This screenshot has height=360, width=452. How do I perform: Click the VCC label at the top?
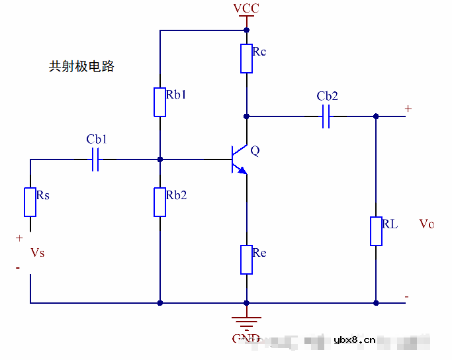coord(246,9)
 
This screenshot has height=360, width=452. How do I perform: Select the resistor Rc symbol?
coord(246,58)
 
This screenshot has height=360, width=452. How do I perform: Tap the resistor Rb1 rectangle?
coord(160,102)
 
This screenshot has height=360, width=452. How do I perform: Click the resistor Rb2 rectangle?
coord(160,202)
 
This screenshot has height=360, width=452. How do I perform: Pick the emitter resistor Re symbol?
coord(246,259)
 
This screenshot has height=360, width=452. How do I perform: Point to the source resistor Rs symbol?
coord(30,202)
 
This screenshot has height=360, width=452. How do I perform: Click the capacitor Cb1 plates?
coord(95,159)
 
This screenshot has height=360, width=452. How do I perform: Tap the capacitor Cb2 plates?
coord(326,117)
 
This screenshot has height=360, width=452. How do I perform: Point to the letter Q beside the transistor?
coord(255,151)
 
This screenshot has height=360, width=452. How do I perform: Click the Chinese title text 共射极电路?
coord(81,67)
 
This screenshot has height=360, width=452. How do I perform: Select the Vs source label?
coord(38,253)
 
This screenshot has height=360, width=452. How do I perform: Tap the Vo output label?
coord(426,224)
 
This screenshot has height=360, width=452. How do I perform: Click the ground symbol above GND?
coord(246,323)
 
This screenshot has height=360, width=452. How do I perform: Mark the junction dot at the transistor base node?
coord(160,159)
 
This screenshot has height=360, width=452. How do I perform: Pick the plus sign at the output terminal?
coord(408,109)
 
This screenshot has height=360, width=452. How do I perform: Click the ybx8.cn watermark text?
coord(355,341)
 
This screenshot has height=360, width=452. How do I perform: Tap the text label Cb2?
coord(327,97)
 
